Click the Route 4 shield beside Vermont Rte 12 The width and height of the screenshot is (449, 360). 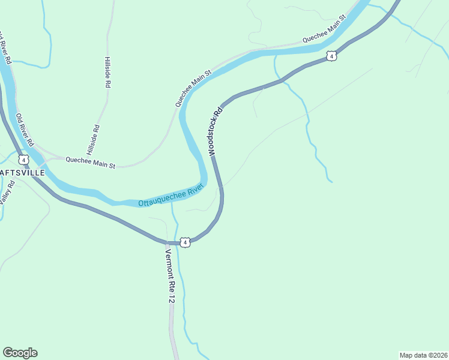(x=185, y=242)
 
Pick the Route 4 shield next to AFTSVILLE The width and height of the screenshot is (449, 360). (x=23, y=160)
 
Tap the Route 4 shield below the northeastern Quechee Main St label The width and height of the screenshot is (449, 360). (x=331, y=56)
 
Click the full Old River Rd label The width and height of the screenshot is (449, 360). (x=24, y=130)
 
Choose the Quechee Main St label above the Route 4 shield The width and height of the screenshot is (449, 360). (x=325, y=29)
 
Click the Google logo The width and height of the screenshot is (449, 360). (x=20, y=353)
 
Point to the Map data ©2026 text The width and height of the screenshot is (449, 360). (x=423, y=355)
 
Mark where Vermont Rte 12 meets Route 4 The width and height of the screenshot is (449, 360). (x=166, y=242)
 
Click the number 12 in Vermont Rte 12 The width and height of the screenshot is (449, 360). (x=171, y=298)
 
